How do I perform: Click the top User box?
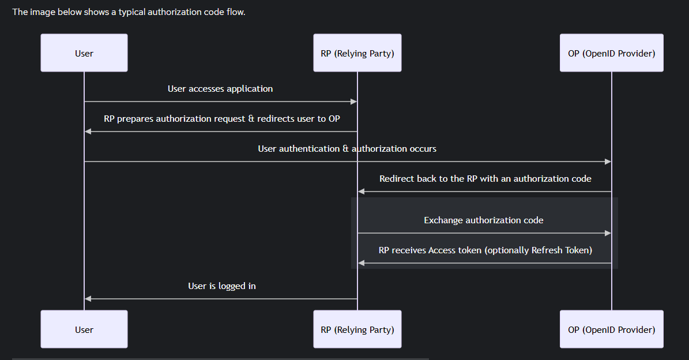pos(84,52)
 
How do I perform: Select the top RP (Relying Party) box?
pos(357,52)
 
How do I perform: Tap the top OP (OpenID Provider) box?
pos(612,52)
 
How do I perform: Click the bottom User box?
pos(84,329)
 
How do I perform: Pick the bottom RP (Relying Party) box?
pos(357,329)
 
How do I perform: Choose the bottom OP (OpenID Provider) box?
pos(612,329)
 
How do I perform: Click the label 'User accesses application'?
pos(220,89)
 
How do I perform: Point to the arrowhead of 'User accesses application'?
pos(354,102)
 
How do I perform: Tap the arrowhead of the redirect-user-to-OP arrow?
pos(88,132)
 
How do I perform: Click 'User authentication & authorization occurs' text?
pos(347,149)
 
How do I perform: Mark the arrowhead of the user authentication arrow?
pos(608,162)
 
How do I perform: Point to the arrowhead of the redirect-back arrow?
pos(361,192)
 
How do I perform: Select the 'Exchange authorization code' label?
pos(483,220)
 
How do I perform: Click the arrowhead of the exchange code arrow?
pos(608,233)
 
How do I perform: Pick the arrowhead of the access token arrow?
pos(361,263)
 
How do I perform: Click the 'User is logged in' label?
pos(222,286)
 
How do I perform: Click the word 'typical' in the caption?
pos(131,12)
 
